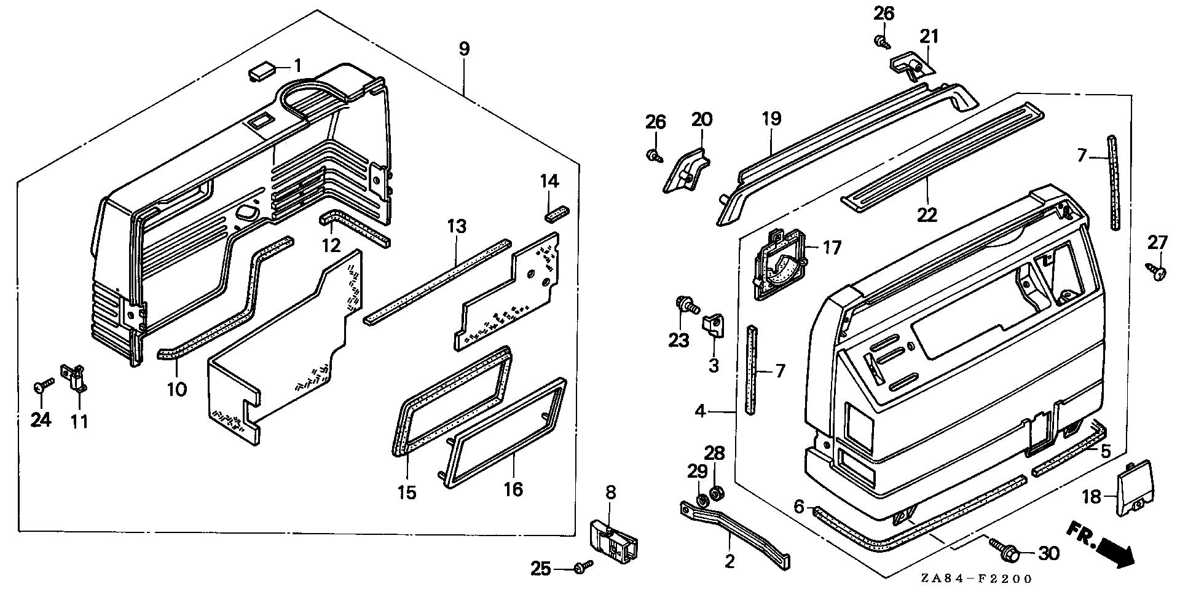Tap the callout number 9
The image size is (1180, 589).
tap(464, 49)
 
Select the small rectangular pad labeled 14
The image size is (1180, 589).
tap(557, 213)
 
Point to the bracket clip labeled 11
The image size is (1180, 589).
tap(74, 376)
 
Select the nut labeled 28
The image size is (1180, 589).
tap(715, 492)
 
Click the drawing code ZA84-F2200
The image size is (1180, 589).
tap(976, 579)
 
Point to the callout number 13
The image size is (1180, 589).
tap(457, 226)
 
